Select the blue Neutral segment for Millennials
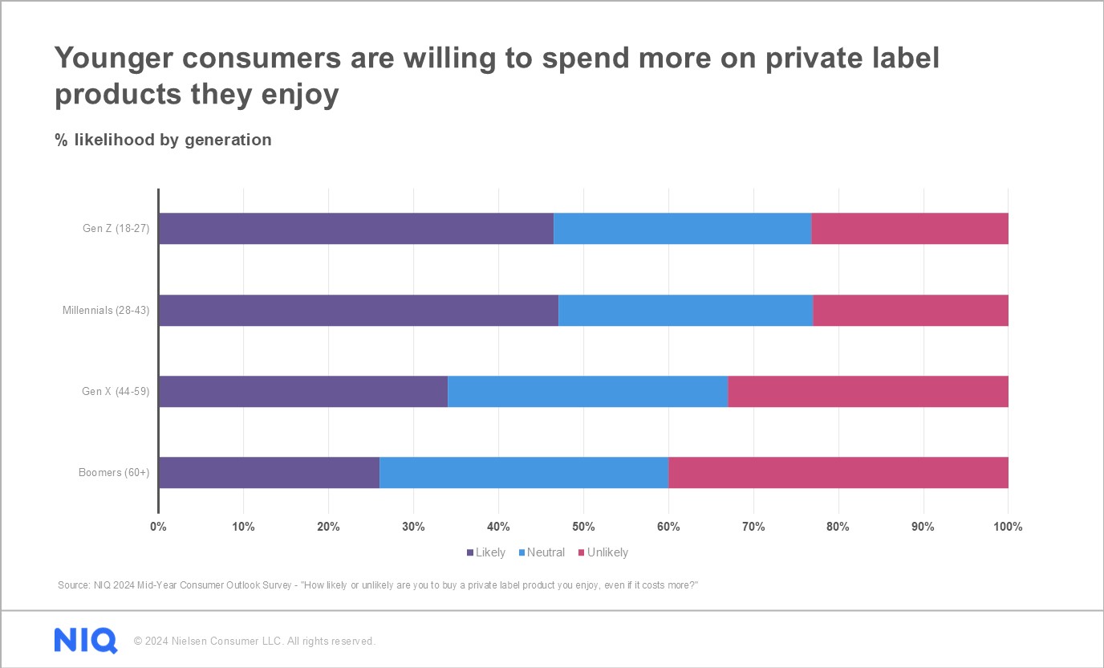point(685,311)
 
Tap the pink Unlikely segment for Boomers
point(838,473)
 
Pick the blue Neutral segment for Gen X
point(587,392)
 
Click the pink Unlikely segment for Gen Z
point(909,229)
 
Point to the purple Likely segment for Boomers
point(269,473)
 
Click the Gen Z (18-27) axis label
point(116,229)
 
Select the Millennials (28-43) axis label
point(106,311)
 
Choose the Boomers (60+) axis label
point(114,473)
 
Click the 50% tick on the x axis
point(583,527)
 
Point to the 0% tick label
point(158,527)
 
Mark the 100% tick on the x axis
point(1008,527)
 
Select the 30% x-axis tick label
point(413,527)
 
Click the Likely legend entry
point(486,552)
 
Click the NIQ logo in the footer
point(86,641)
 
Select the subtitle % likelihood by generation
point(164,140)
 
